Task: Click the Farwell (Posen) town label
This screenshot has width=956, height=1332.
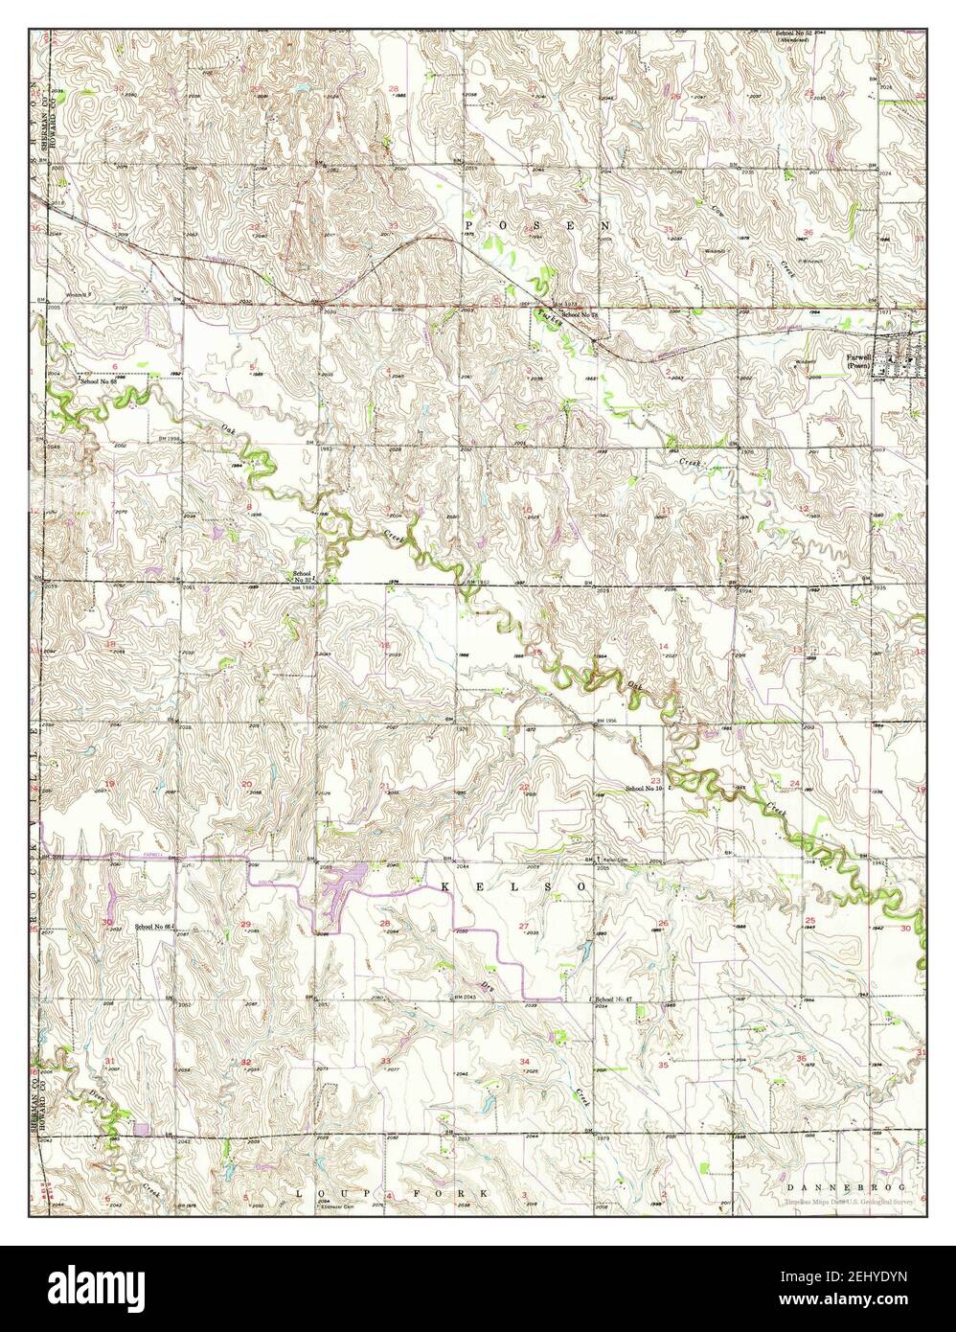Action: [859, 362]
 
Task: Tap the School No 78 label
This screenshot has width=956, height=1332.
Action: [579, 314]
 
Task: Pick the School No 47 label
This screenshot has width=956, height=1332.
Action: [614, 999]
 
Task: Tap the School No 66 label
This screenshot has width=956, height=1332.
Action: [153, 927]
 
